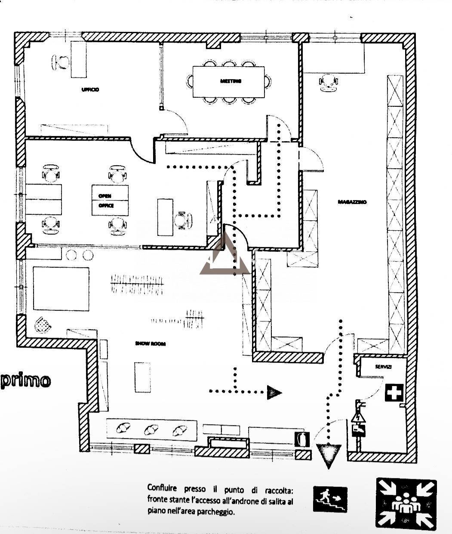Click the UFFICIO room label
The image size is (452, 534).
pos(90,90)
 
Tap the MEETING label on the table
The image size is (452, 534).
pos(231,81)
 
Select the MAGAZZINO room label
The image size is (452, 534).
pos(352,202)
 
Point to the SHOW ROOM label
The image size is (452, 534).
pos(150,343)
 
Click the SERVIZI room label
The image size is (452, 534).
pos(383,367)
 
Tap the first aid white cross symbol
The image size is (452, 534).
pos(394,393)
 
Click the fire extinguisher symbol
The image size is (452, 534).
pos(302,439)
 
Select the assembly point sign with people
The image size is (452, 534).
pos(406,503)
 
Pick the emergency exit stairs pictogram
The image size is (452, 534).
pos(330,499)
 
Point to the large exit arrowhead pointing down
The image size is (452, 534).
pos(329,455)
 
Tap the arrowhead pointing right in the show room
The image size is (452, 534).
pos(274,392)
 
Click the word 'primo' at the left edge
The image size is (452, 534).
pos(26,381)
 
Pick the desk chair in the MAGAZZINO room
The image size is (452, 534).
pos(329,82)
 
